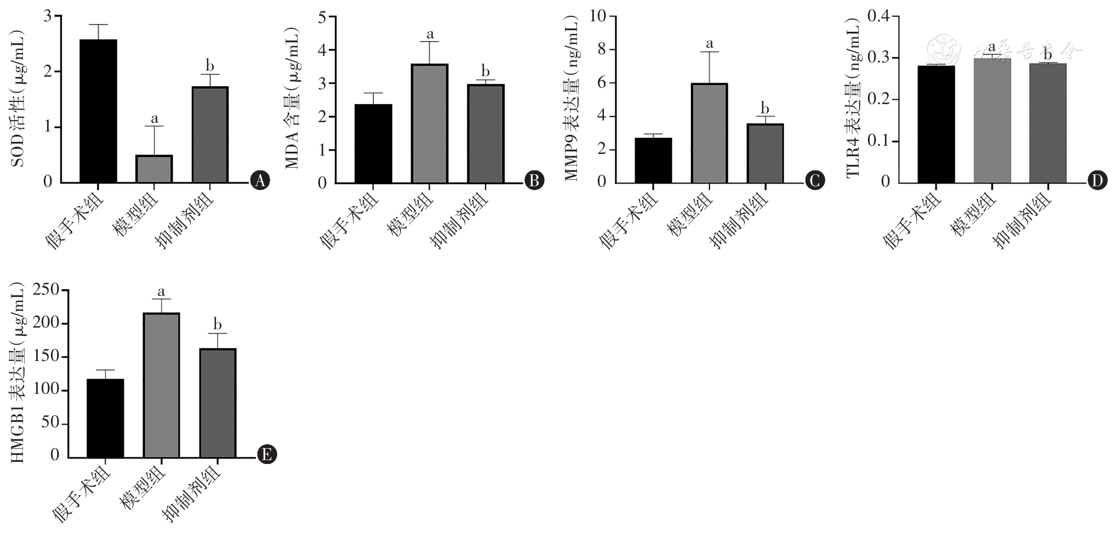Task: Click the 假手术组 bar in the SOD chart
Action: [99, 111]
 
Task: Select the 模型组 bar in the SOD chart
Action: [155, 169]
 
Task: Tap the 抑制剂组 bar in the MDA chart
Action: [485, 134]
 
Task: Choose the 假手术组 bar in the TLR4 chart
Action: [936, 124]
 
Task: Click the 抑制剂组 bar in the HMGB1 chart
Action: [218, 403]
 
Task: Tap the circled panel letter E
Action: [267, 455]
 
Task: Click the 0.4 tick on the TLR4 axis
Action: [878, 16]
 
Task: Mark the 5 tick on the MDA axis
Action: [322, 17]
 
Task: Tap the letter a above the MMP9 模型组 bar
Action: [709, 43]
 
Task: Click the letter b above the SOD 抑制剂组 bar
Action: [210, 66]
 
